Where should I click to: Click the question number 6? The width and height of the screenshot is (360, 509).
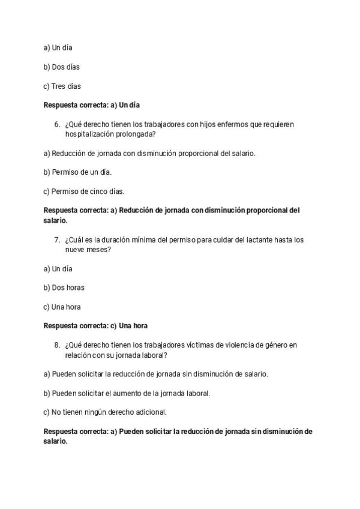tap(57, 124)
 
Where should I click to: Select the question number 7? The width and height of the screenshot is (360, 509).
tap(57, 239)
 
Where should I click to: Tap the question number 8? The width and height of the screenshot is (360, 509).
tap(57, 345)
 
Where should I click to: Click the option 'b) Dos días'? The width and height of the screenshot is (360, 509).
tap(62, 67)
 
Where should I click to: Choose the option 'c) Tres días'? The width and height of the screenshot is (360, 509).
tap(62, 86)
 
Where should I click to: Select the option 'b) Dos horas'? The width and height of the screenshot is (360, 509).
tap(64, 288)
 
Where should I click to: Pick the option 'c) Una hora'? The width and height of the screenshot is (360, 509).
tap(62, 307)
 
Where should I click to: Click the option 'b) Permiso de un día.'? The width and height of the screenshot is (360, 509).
tap(78, 172)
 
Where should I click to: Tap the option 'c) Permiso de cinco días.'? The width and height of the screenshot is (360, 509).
tap(84, 191)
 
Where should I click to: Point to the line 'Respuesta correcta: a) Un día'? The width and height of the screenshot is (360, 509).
tap(92, 105)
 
